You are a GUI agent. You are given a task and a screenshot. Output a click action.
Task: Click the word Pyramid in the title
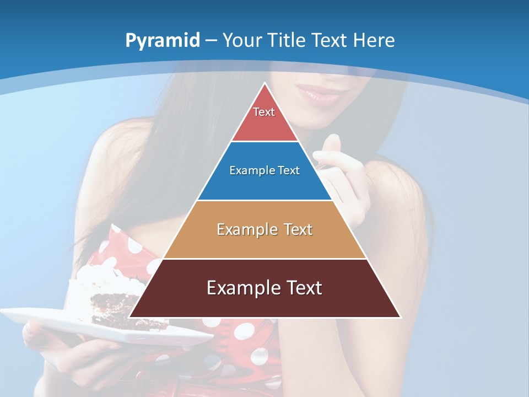click(162, 41)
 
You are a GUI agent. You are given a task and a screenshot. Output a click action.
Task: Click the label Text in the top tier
click(264, 112)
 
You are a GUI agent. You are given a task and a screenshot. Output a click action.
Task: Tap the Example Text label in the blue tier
click(264, 170)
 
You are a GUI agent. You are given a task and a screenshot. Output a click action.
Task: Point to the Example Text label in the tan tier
click(264, 229)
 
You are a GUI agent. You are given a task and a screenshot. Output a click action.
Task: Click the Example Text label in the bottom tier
click(264, 288)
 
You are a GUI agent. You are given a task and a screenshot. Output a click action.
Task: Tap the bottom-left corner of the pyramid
click(130, 317)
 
